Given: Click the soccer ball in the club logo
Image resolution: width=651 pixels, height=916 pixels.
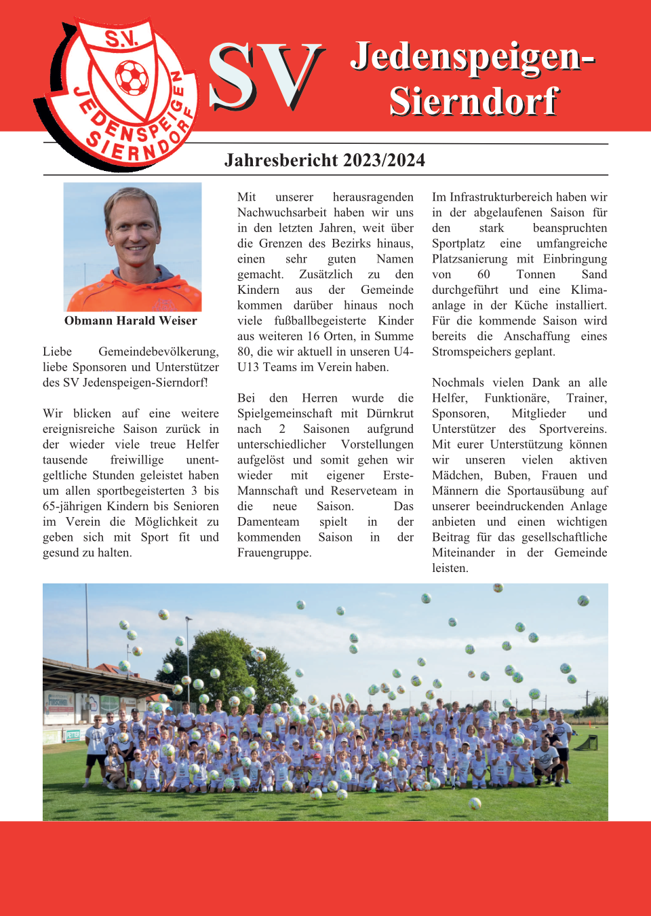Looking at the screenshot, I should [x=132, y=77].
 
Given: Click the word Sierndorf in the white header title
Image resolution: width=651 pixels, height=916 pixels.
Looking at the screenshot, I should [x=473, y=102].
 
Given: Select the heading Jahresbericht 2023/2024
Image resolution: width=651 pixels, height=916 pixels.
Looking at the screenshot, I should [x=325, y=160].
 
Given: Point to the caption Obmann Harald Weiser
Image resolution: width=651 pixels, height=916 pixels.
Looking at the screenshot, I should [x=131, y=320].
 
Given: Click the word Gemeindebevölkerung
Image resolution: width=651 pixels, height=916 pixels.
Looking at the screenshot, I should [x=158, y=351].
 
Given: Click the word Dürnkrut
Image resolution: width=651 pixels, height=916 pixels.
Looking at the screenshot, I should [x=390, y=413].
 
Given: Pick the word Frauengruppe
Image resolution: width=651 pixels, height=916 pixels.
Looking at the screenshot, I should [x=274, y=553].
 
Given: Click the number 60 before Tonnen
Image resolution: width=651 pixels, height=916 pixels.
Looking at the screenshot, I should [x=484, y=274].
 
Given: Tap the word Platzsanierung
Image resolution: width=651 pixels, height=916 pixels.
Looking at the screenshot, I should [x=469, y=259].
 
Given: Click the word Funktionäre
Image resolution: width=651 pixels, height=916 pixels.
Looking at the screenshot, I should [x=516, y=398].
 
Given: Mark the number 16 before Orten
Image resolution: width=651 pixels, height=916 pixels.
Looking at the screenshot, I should [x=313, y=336].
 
